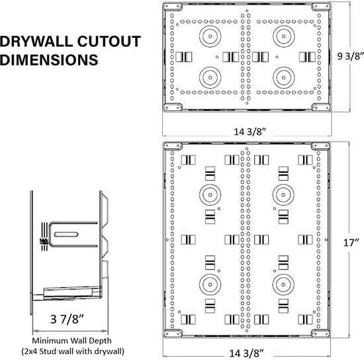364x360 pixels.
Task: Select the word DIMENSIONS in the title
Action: [50, 60]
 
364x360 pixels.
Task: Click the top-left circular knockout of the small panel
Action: [210, 35]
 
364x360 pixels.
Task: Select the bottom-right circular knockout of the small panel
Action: [283, 76]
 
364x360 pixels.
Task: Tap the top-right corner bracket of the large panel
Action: [321, 146]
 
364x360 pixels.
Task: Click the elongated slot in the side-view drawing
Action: [69, 234]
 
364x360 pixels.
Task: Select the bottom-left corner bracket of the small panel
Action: [173, 107]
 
